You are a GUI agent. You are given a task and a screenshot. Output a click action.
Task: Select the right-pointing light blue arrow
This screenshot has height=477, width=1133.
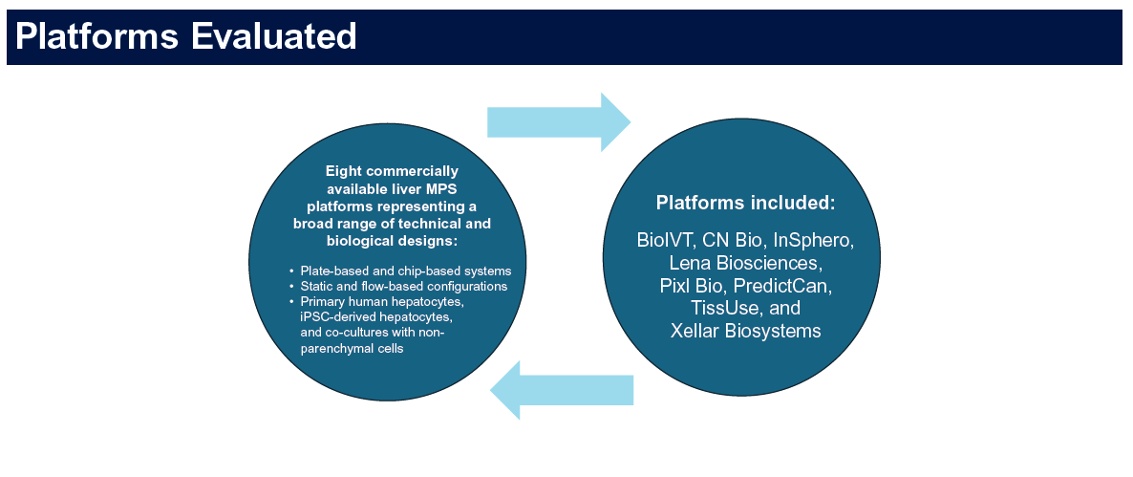coord(559,122)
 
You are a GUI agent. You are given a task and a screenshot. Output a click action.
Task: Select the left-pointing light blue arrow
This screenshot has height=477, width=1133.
coord(562,390)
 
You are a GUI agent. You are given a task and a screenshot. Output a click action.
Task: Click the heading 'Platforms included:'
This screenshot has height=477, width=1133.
coord(745,203)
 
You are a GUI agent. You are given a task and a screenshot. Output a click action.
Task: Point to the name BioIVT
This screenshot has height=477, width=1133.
coord(665,240)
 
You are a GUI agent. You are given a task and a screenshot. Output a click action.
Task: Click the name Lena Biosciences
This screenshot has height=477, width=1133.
coord(745,262)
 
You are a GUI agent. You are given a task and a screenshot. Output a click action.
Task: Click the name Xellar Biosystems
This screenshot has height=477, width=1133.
coord(745,331)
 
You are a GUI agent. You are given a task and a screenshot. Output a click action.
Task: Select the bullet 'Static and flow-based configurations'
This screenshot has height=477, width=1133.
coord(403,286)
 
